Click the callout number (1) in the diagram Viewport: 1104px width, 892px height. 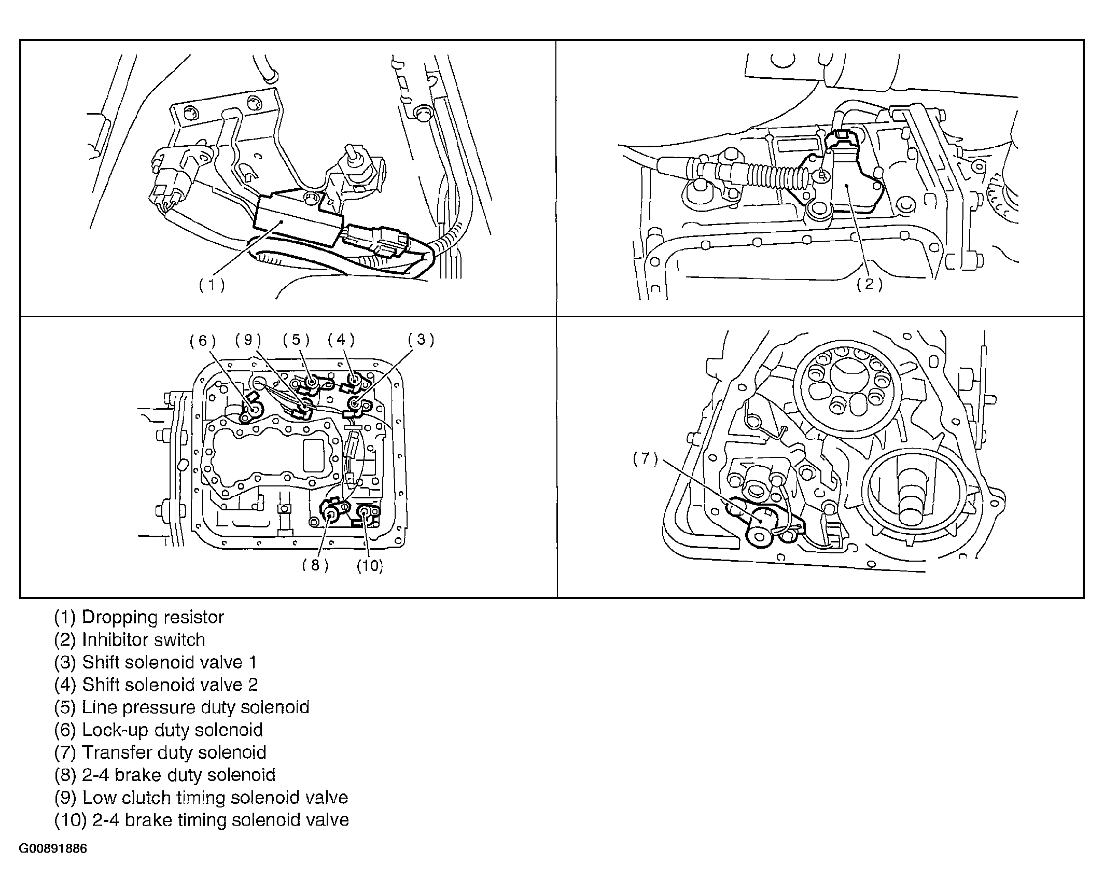tap(212, 285)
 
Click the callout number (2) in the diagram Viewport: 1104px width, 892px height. tap(870, 284)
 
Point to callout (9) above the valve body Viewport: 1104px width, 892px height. tap(248, 340)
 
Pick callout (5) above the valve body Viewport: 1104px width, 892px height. tap(296, 340)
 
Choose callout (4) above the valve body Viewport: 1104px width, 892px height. tap(341, 340)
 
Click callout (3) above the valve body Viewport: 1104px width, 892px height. tap(421, 340)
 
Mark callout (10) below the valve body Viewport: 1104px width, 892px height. tap(370, 565)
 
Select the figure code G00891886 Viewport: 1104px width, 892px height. tap(53, 849)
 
